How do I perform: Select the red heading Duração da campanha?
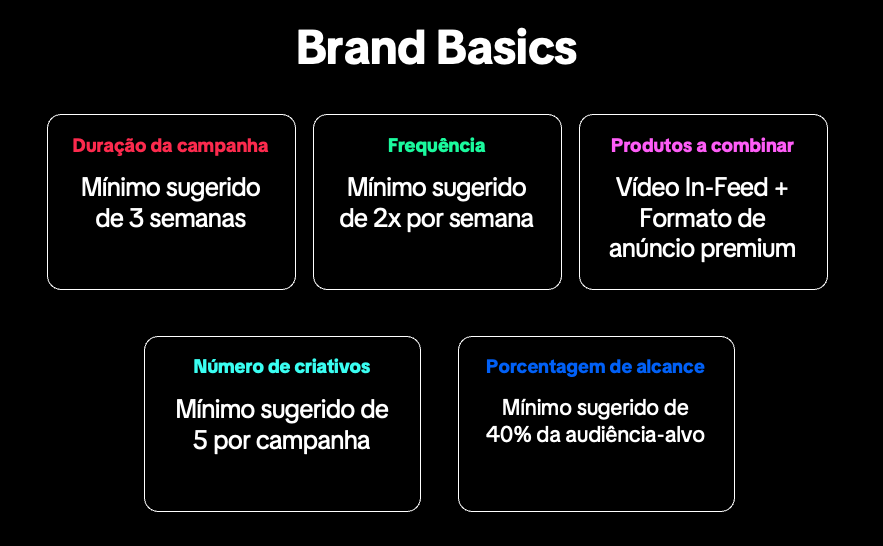pyautogui.click(x=170, y=145)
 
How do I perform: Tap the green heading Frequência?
pyautogui.click(x=436, y=145)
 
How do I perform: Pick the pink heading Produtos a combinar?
pyautogui.click(x=702, y=145)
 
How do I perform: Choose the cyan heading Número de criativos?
pyautogui.click(x=281, y=367)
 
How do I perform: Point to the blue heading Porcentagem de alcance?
pyautogui.click(x=595, y=367)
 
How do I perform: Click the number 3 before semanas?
pyautogui.click(x=136, y=219)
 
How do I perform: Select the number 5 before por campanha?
pyautogui.click(x=200, y=441)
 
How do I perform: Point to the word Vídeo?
pyautogui.click(x=650, y=188)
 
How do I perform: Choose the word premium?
pyautogui.click(x=749, y=249)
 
